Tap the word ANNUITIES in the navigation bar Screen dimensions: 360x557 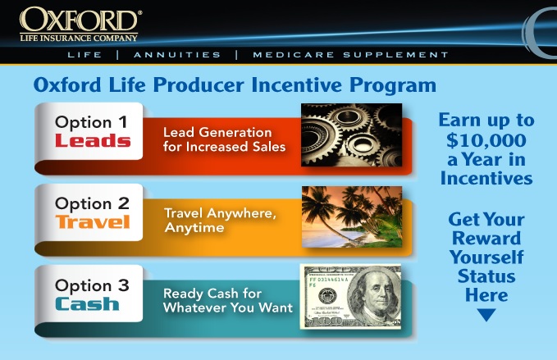(177, 55)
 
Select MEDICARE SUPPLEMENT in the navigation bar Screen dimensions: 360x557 (350, 55)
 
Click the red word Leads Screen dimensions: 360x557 (92, 140)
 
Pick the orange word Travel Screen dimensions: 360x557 (92, 222)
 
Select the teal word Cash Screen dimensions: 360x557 (87, 303)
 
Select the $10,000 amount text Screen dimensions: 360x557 (486, 139)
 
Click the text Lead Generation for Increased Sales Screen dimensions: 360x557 (224, 139)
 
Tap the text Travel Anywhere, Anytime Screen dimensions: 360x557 (220, 221)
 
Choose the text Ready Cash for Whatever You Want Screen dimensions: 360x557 (227, 300)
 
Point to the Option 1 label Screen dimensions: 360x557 (91, 122)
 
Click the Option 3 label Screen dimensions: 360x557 (91, 285)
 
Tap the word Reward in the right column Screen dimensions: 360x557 (486, 239)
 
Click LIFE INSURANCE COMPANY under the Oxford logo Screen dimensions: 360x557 (79, 36)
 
